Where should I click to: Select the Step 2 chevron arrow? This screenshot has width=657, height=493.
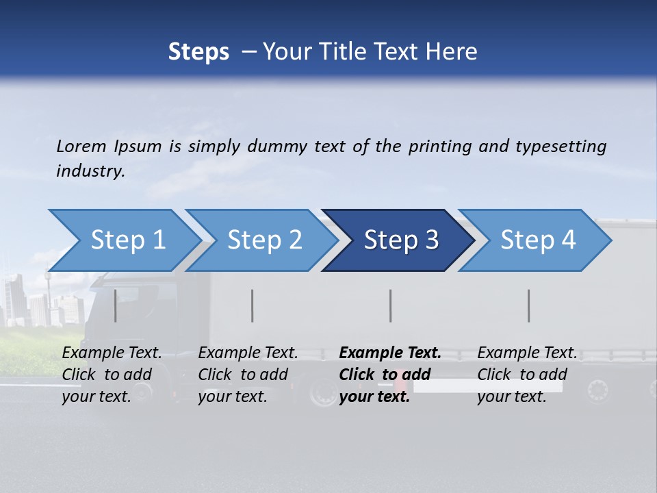(x=264, y=240)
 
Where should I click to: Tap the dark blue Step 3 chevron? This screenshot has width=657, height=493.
(x=401, y=240)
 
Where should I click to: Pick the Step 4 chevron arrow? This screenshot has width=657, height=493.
(x=538, y=240)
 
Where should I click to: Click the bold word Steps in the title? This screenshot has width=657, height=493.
(x=198, y=52)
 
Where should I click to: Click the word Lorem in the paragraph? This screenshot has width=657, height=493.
(x=81, y=146)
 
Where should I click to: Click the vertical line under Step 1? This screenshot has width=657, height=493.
(x=115, y=305)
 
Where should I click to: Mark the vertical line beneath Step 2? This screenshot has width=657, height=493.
(x=253, y=305)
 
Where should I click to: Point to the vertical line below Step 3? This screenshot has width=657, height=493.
(x=390, y=305)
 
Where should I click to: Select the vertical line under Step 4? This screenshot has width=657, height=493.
(x=528, y=305)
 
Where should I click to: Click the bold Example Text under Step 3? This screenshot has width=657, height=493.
(x=390, y=353)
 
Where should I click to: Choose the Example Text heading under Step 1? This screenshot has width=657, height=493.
(x=112, y=353)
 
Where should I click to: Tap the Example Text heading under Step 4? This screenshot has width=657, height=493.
(x=527, y=353)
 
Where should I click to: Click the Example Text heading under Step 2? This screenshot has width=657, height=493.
(x=248, y=353)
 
